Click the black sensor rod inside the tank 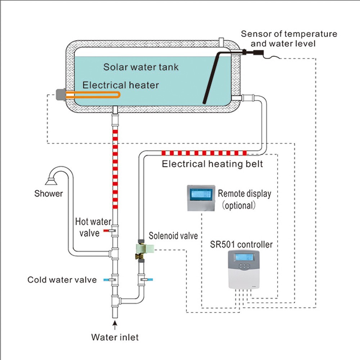[x=212, y=77]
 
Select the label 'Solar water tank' [x=141, y=67]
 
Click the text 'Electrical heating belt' [x=212, y=164]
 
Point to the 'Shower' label [x=49, y=194]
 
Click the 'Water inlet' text [x=115, y=337]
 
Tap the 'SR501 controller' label [x=242, y=244]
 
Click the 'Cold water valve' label [x=62, y=280]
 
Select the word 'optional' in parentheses [x=238, y=206]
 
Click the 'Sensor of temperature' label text [x=289, y=34]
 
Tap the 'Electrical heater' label [x=121, y=85]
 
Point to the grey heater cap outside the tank [x=60, y=95]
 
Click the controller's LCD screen [x=244, y=257]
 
